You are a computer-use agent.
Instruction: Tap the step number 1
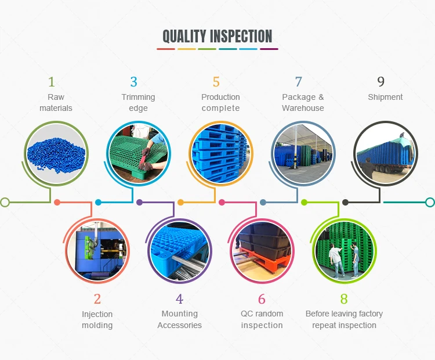coord(52,82)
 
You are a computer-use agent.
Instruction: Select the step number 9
coord(381,82)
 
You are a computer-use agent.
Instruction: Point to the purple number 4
coord(179,299)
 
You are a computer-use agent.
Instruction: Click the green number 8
coord(344,299)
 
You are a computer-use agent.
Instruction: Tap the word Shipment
coord(385,97)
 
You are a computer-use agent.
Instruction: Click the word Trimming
coord(138,97)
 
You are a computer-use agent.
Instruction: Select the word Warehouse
coord(303,108)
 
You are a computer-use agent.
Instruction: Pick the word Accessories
coord(179,325)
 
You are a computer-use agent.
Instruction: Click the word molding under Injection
coord(97,325)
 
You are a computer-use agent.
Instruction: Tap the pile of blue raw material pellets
coord(56,155)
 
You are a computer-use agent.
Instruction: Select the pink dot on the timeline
coord(222,202)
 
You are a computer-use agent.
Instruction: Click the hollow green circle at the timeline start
coord(5,202)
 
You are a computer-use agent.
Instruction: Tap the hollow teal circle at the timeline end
coord(430,202)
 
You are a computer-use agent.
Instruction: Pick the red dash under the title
coord(166,49)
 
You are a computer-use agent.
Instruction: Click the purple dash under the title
coord(269,49)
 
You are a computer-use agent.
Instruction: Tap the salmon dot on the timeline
coord(57,202)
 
